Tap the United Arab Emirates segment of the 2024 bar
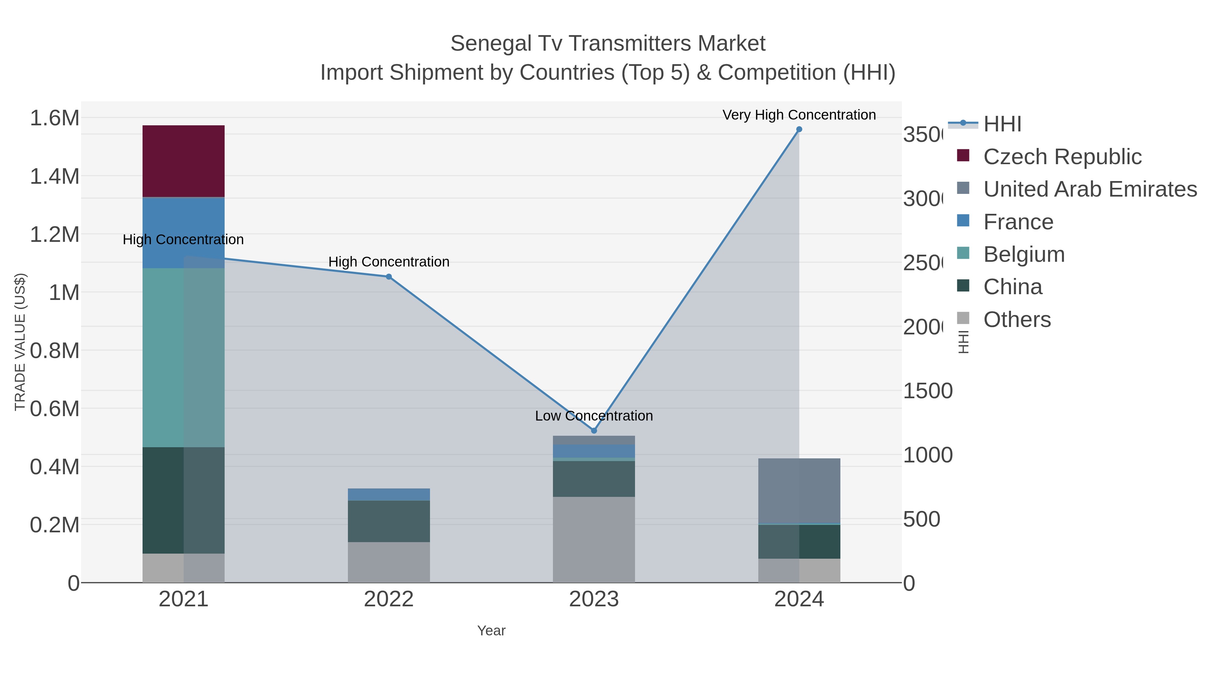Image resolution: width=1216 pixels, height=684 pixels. click(x=799, y=490)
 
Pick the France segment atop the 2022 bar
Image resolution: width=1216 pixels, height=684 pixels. click(x=388, y=494)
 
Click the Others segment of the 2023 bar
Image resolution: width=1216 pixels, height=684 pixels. click(x=593, y=539)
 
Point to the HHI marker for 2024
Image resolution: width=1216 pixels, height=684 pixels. click(x=799, y=129)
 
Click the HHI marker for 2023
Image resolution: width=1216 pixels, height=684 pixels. click(x=594, y=431)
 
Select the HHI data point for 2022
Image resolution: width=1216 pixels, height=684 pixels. click(x=388, y=277)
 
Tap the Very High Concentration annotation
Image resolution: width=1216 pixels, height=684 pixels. click(x=799, y=115)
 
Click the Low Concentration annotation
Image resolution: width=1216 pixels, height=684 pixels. click(x=593, y=416)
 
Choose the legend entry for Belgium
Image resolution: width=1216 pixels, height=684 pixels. click(x=1023, y=254)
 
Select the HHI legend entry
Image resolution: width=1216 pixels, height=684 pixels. click(x=1002, y=124)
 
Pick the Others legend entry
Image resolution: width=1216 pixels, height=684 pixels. click(x=1016, y=320)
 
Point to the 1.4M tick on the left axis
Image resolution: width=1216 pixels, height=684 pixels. click(x=54, y=177)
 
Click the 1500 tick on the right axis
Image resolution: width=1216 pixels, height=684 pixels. click(x=927, y=391)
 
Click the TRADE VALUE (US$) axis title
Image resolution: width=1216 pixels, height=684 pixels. click(x=20, y=342)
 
